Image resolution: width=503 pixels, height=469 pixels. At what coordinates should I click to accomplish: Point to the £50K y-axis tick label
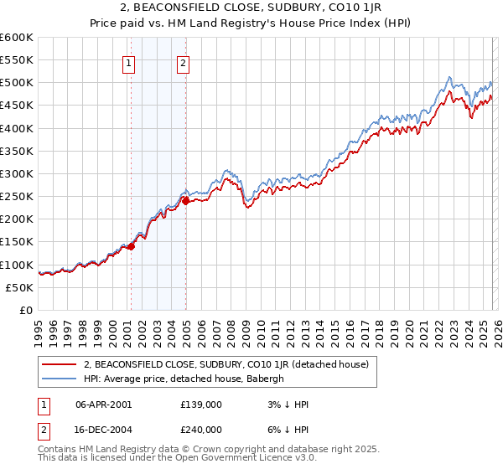pyautogui.click(x=19, y=287)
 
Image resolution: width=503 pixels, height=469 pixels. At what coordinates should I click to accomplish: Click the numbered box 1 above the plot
pyautogui.click(x=129, y=63)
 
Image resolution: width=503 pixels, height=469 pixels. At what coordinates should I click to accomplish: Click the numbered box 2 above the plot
pyautogui.click(x=183, y=63)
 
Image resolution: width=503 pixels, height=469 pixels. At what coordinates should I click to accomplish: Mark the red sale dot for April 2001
pyautogui.click(x=131, y=246)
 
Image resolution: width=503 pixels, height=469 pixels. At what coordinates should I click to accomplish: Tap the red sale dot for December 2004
pyautogui.click(x=185, y=201)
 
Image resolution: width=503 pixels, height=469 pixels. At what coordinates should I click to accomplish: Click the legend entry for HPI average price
pyautogui.click(x=184, y=379)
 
